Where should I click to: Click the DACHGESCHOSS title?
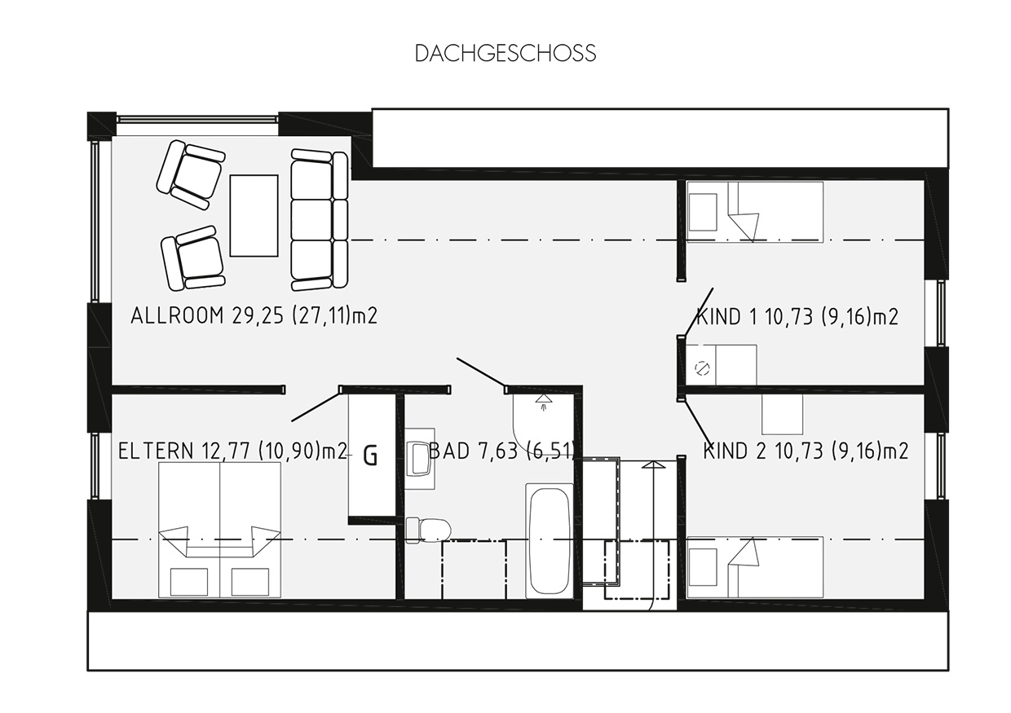tap(505, 53)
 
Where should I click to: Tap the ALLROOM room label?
tap(254, 315)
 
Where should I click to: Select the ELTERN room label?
tap(233, 451)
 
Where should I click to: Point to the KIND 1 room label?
tap(797, 317)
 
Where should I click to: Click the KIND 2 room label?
tap(806, 451)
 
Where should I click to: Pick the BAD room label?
tap(501, 451)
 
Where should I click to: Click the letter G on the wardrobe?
tap(370, 456)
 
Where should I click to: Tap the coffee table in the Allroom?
tap(254, 216)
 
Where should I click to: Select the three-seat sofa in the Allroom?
tap(320, 220)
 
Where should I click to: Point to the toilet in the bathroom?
tap(428, 530)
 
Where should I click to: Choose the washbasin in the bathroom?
tap(419, 458)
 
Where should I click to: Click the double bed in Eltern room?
tap(220, 530)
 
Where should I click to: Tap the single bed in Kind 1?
tap(755, 212)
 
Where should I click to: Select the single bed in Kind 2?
tap(755, 567)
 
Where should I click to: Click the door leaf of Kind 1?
tap(699, 311)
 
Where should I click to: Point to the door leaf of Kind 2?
tap(698, 421)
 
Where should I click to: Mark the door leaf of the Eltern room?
tap(316, 407)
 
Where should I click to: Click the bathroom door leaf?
tap(482, 372)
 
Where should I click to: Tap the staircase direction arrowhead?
tap(652, 465)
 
